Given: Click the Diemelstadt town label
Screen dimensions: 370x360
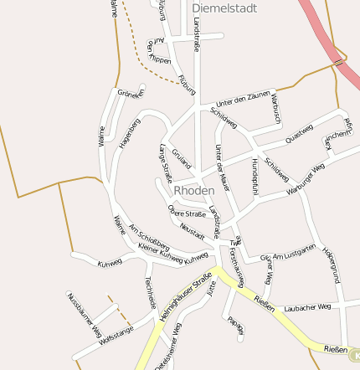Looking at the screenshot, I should pos(224,8).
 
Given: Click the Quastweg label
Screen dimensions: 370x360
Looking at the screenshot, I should pos(299,133).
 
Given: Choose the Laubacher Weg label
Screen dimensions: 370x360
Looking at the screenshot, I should pos(308,307).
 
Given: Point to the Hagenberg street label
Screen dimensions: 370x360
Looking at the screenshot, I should pos(130,134).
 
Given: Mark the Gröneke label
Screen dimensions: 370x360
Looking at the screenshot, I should pos(130,94).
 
